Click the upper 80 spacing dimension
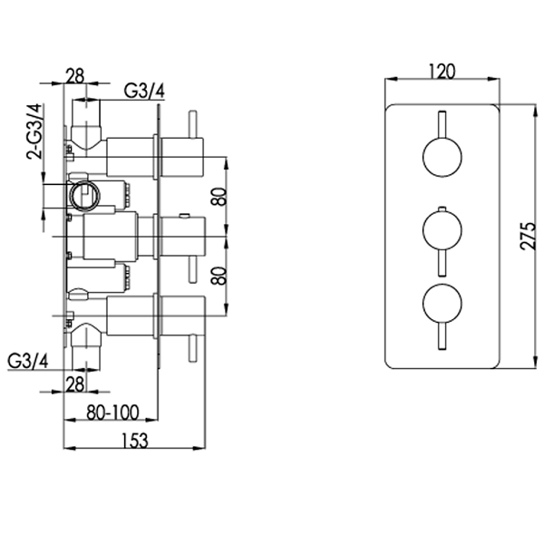pyautogui.click(x=217, y=199)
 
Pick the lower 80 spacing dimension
pyautogui.click(x=217, y=275)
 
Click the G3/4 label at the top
pyautogui.click(x=142, y=89)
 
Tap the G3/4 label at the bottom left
pyautogui.click(x=26, y=360)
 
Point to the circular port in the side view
pyautogui.click(x=85, y=194)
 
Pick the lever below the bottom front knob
pyautogui.click(x=440, y=337)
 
